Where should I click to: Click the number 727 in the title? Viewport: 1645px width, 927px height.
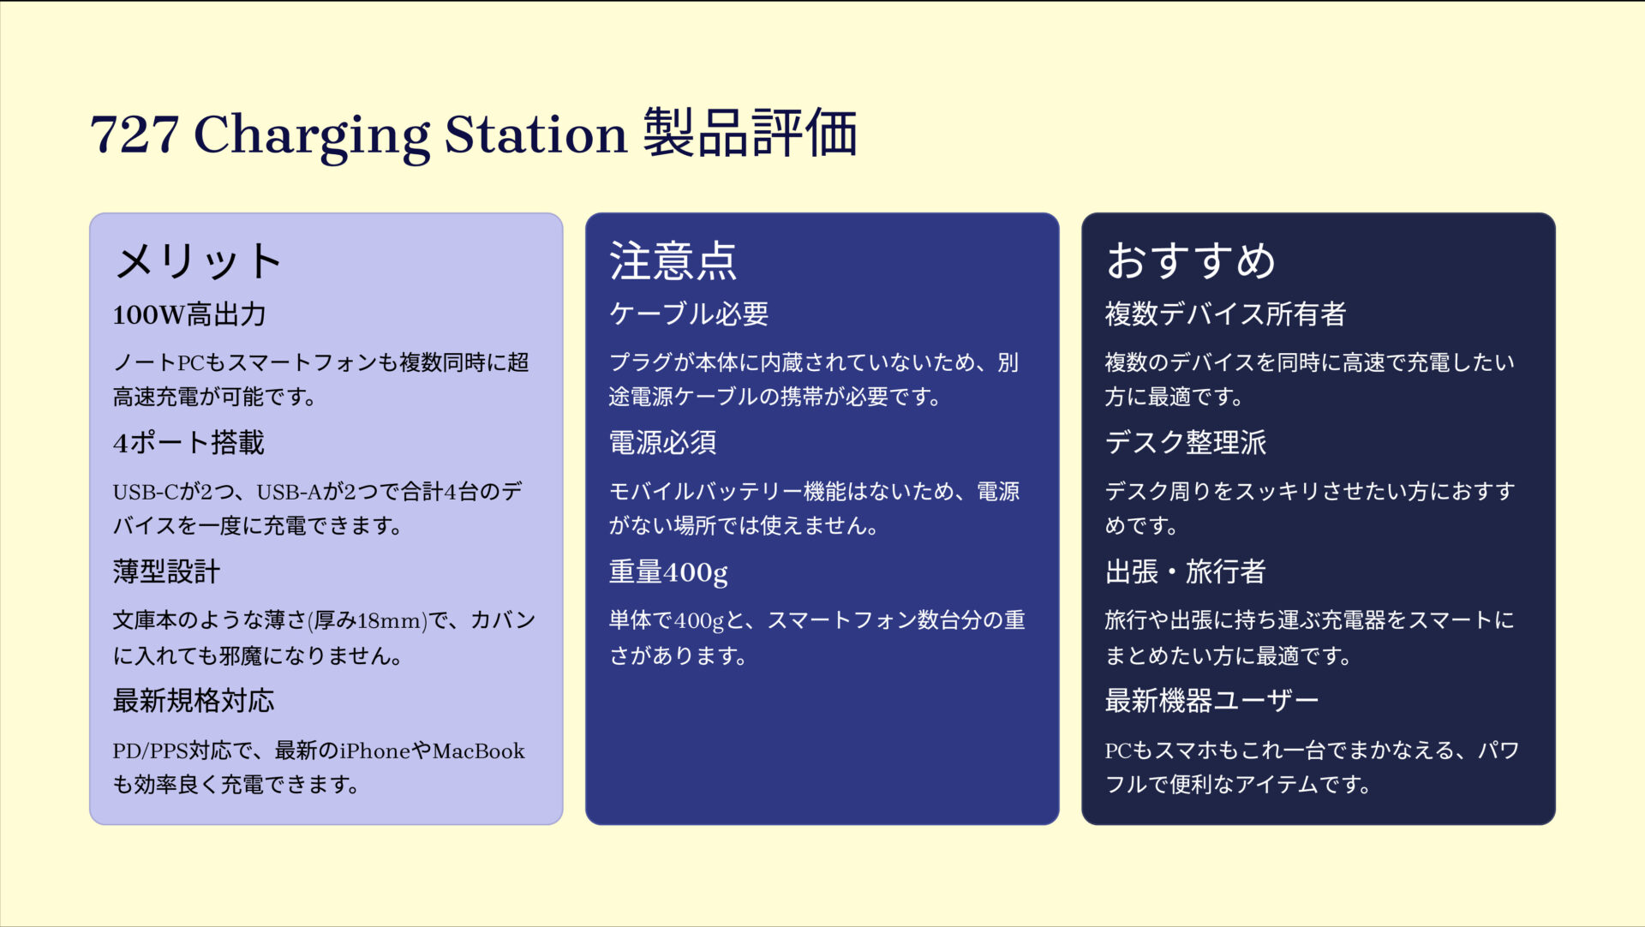click(134, 135)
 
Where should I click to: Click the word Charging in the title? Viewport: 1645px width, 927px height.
click(313, 135)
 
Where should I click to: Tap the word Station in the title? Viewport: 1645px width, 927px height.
click(535, 135)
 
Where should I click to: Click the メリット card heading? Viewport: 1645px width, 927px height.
click(198, 260)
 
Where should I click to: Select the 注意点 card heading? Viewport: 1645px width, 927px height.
click(673, 260)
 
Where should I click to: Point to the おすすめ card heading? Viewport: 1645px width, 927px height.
click(1190, 260)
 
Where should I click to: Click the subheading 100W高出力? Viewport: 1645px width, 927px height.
click(189, 314)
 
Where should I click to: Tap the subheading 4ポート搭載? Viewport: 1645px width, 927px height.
click(188, 443)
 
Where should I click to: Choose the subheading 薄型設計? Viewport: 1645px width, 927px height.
click(166, 571)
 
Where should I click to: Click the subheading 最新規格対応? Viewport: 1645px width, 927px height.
click(194, 701)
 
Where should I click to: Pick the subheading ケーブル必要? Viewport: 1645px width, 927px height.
click(689, 314)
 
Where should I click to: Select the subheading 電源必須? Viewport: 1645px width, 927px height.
click(662, 443)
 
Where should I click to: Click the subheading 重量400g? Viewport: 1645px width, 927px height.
click(668, 571)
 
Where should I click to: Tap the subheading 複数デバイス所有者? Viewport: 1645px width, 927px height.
click(1225, 314)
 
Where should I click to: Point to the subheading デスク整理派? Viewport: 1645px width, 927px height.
click(1185, 443)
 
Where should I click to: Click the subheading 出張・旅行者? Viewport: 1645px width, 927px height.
click(1185, 571)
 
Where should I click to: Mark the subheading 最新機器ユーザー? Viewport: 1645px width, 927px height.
click(1211, 701)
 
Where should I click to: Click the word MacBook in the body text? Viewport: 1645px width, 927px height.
click(478, 751)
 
